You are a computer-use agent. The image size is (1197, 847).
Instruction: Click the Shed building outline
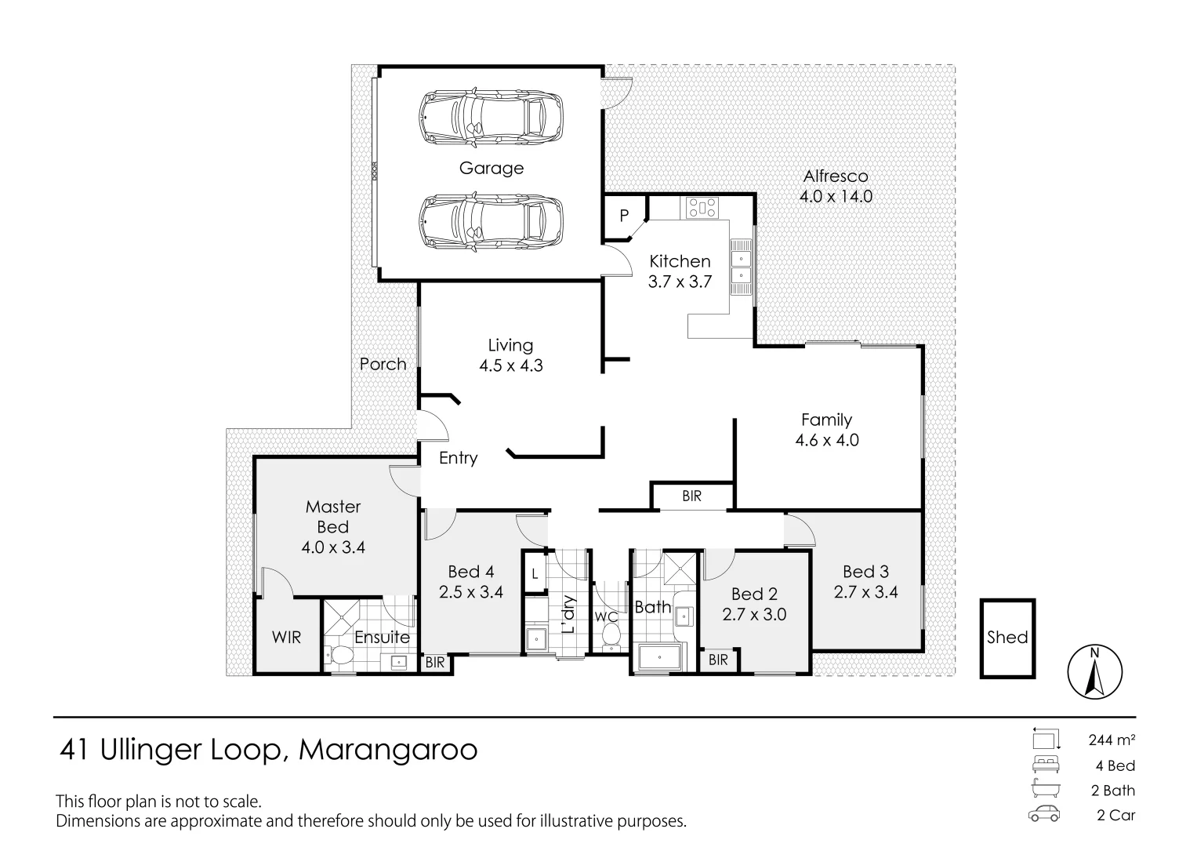[1007, 638]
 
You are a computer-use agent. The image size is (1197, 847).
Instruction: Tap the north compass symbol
[1095, 673]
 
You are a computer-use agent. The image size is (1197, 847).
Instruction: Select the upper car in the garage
[491, 118]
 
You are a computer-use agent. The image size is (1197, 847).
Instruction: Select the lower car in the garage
[491, 223]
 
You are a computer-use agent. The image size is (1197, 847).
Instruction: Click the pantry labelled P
[624, 216]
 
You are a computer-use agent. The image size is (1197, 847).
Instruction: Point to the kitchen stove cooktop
[702, 208]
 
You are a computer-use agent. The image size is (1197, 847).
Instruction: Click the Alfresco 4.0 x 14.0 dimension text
[836, 196]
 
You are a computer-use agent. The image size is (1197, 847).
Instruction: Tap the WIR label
[286, 638]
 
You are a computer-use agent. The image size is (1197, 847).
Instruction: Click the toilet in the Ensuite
[341, 656]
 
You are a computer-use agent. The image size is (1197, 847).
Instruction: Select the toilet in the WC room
[611, 636]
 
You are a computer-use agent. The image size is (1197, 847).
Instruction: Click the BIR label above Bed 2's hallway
[691, 496]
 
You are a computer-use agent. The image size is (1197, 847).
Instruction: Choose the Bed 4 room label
[470, 573]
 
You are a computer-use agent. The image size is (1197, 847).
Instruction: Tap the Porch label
[383, 364]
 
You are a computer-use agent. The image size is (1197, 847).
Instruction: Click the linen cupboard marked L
[535, 573]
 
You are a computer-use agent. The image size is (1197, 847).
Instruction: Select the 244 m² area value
[1112, 740]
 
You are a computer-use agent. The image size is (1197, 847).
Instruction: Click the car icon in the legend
[1045, 814]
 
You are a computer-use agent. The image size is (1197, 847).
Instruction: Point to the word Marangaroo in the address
[388, 751]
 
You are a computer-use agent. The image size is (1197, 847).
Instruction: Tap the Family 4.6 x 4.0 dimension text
[827, 440]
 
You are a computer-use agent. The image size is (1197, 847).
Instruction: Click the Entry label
[458, 458]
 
